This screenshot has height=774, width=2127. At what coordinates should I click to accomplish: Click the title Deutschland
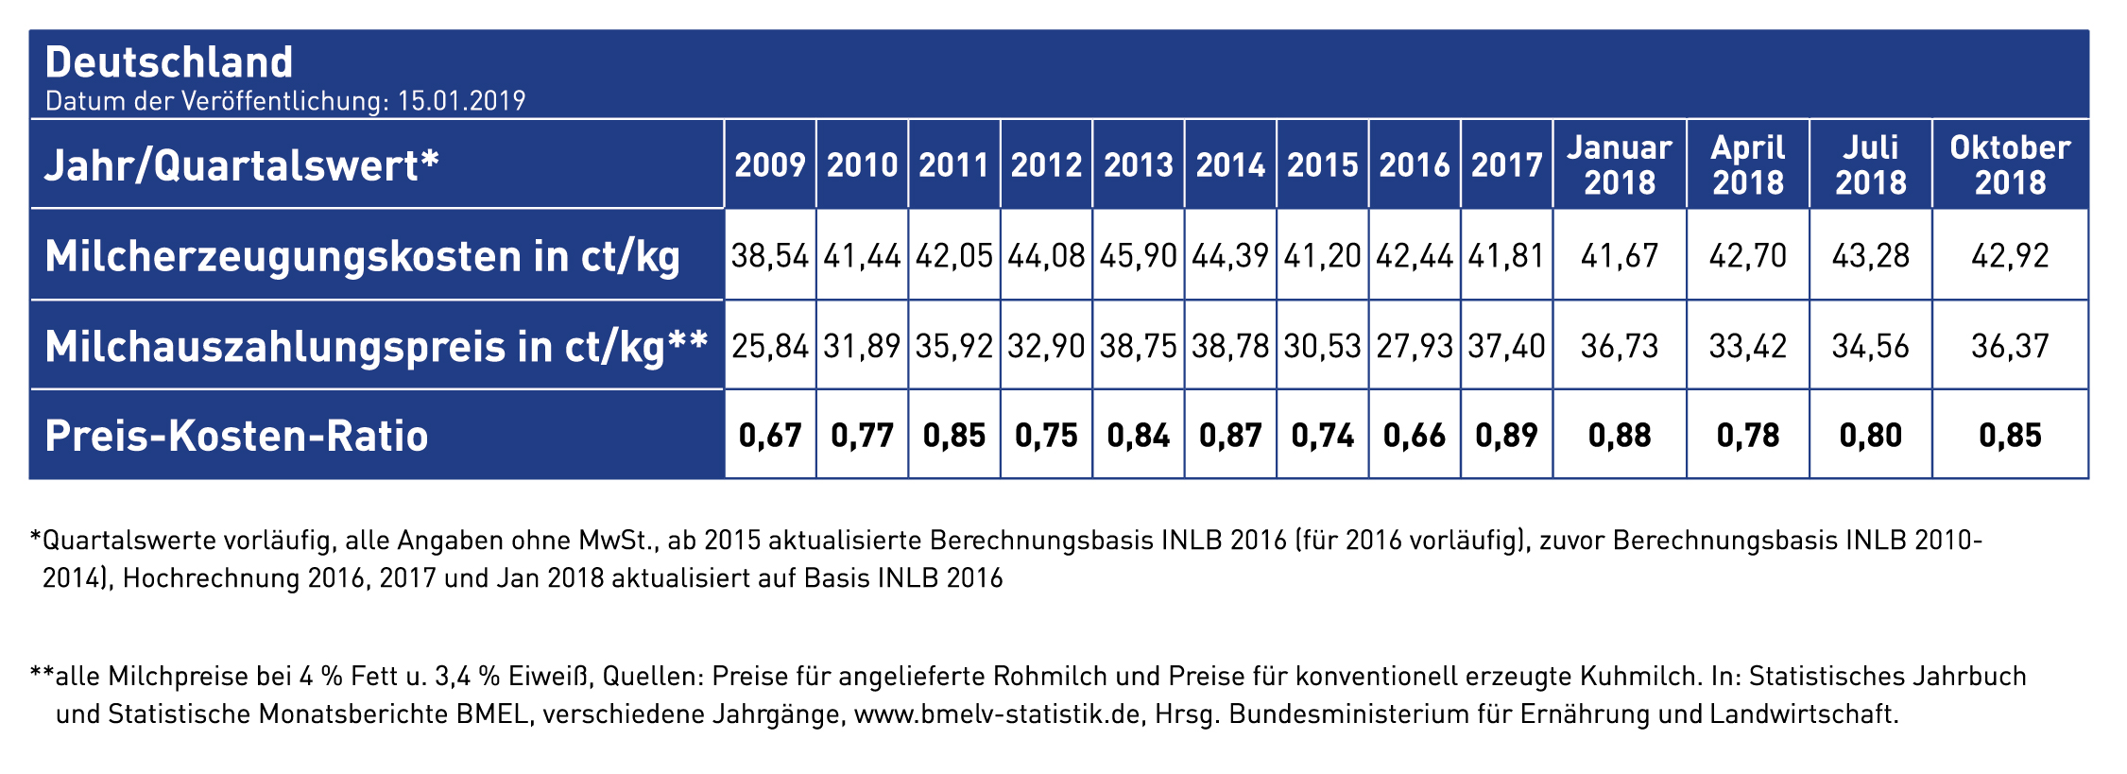pos(169,62)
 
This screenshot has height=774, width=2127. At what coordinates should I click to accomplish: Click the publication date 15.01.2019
pos(461,101)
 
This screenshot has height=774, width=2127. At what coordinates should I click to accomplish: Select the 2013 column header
pos(1139,165)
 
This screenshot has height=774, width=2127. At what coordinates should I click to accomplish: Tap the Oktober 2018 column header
pos(2010,164)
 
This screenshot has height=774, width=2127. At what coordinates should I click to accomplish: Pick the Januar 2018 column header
pos(1620,164)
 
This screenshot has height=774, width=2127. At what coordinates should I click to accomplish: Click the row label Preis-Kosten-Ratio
pos(236,436)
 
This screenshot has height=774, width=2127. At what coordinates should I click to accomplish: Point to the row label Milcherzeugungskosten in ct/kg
pos(363,257)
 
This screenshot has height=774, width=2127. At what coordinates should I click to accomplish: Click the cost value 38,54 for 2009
pos(770,256)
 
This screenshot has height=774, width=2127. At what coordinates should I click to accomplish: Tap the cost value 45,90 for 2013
pos(1139,256)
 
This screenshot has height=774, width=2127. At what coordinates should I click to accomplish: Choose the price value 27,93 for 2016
pos(1415,346)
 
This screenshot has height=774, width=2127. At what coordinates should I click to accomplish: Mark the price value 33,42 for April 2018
pos(1748,346)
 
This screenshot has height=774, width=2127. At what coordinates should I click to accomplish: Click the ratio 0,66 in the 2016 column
pos(1415,436)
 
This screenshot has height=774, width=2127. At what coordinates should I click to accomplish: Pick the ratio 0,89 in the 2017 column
pos(1506,436)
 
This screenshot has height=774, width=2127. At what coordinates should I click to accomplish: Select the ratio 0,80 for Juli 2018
pos(1871,436)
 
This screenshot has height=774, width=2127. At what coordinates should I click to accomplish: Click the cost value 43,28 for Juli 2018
pos(1871,256)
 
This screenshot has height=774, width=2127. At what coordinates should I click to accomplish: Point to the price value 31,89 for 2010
pos(862,346)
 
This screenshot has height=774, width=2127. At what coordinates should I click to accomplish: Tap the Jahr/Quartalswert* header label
pos(242,166)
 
